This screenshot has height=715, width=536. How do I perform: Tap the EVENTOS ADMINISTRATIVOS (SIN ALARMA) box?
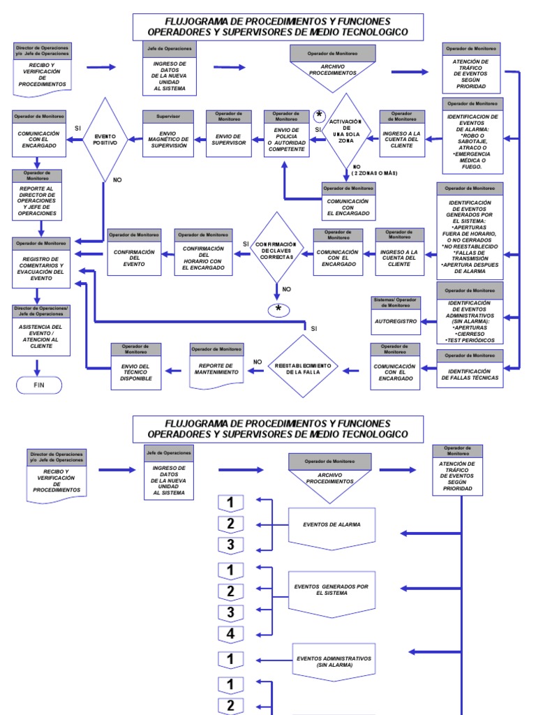(332, 661)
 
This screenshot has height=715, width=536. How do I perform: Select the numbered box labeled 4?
(230, 635)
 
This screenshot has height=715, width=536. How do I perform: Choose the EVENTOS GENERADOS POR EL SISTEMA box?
(332, 591)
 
